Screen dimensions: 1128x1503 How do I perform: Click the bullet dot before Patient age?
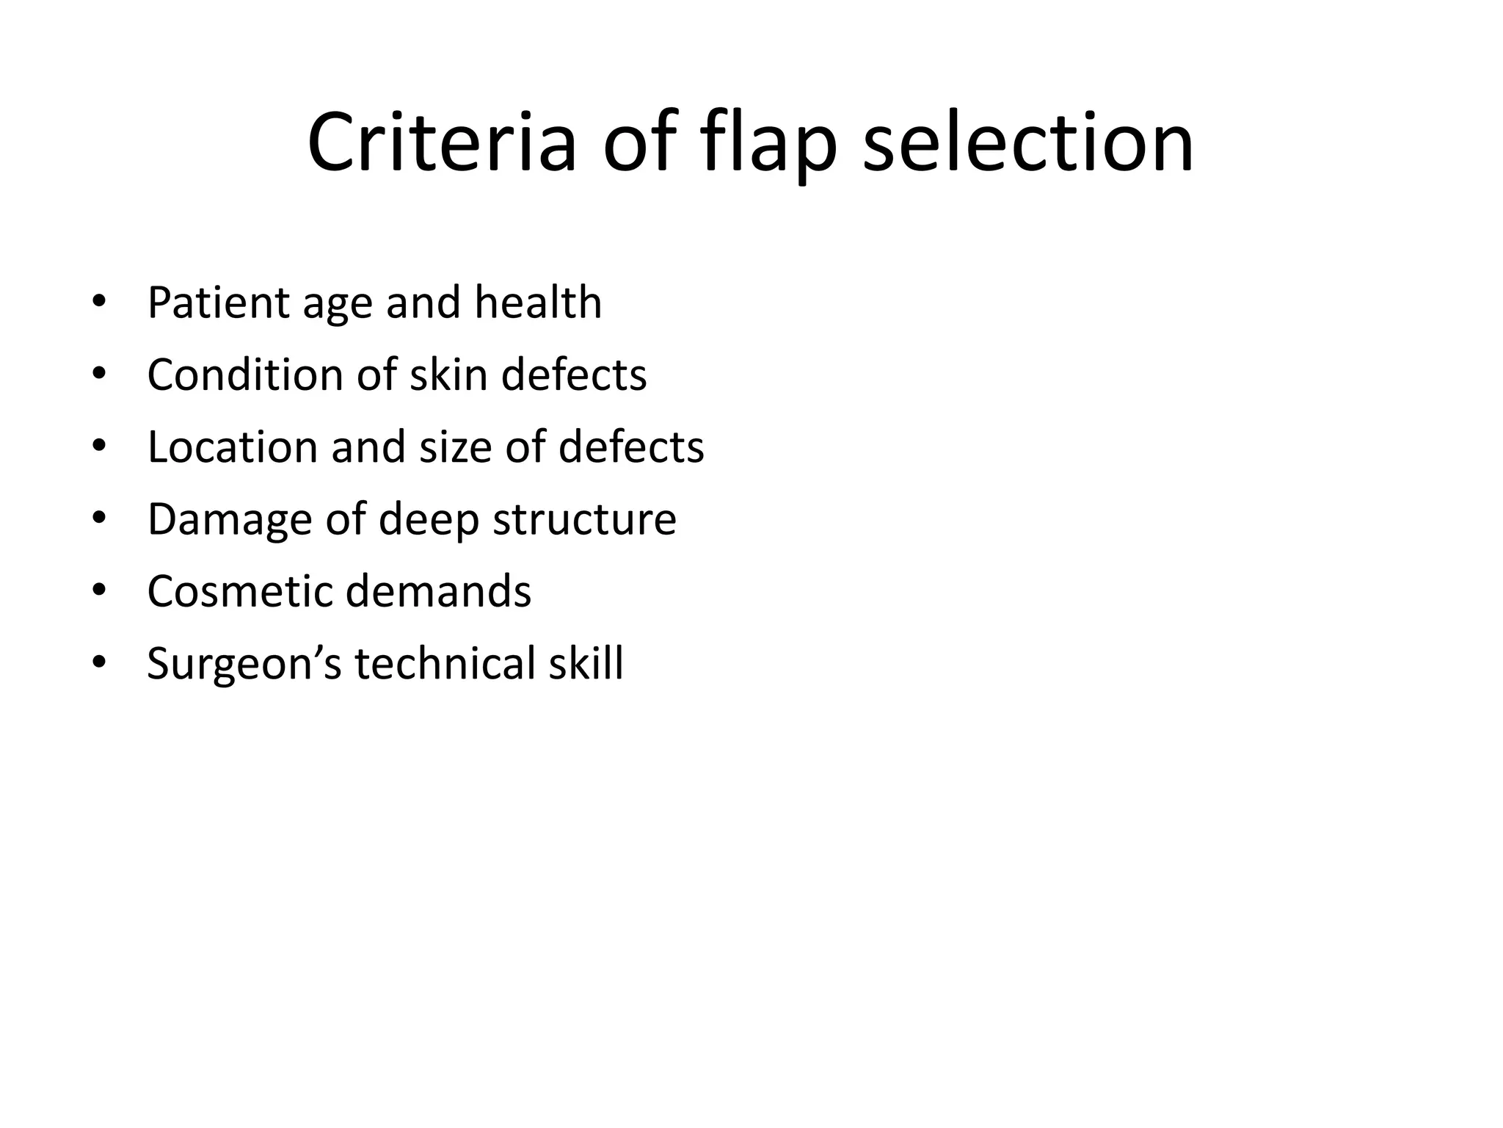[x=100, y=303]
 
